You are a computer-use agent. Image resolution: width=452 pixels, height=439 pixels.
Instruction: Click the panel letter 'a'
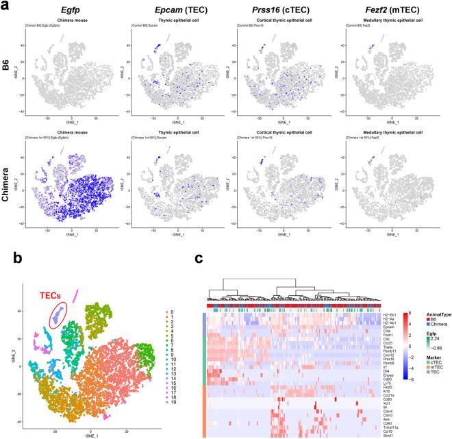(6, 7)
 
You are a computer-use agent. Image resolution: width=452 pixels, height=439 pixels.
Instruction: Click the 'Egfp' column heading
(69, 10)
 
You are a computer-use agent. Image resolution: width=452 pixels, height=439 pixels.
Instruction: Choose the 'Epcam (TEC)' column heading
(173, 10)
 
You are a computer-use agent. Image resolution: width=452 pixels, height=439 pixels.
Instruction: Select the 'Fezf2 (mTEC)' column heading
(387, 10)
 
